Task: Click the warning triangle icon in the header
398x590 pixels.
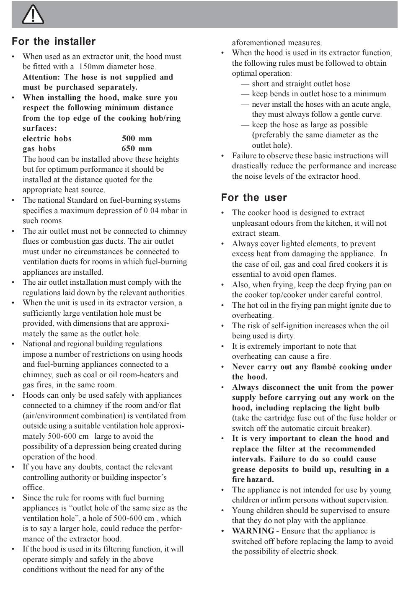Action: [32, 15]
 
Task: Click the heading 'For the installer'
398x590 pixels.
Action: [54, 41]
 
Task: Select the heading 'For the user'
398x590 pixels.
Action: [254, 197]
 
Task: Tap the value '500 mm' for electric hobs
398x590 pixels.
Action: [137, 139]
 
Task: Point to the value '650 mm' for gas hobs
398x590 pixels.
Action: [137, 149]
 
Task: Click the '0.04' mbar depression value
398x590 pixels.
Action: [151, 211]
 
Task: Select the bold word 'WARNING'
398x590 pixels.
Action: [253, 531]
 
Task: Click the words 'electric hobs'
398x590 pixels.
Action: [47, 139]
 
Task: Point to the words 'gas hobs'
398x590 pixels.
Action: [39, 149]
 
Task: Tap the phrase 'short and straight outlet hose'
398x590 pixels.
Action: [301, 84]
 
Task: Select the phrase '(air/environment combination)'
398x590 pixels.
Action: [74, 416]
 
